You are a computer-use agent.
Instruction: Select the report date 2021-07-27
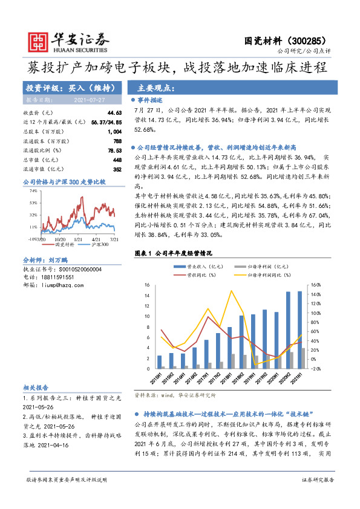[x=89, y=100]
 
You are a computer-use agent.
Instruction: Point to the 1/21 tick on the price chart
[x=78, y=239]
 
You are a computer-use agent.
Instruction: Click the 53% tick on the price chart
[x=33, y=203]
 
